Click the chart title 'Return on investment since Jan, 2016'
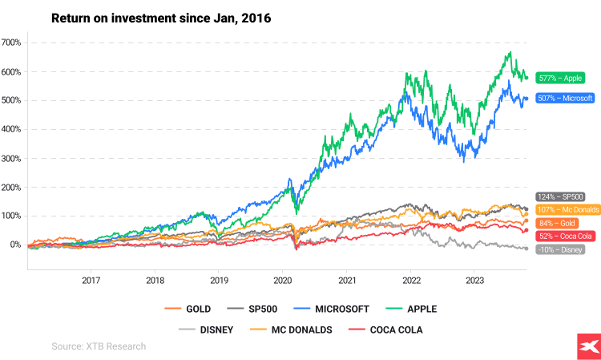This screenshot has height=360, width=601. click(x=161, y=18)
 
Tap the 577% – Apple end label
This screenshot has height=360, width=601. click(x=560, y=79)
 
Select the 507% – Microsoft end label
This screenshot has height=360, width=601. click(x=565, y=99)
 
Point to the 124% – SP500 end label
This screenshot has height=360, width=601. click(x=560, y=196)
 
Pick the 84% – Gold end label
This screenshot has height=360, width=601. click(x=558, y=223)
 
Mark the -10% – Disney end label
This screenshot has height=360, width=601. click(x=560, y=249)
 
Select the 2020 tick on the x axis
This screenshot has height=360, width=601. click(x=283, y=281)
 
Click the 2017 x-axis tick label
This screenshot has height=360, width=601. click(x=91, y=281)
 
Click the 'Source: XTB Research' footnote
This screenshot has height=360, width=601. click(x=99, y=346)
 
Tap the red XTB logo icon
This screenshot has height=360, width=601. click(x=586, y=345)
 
